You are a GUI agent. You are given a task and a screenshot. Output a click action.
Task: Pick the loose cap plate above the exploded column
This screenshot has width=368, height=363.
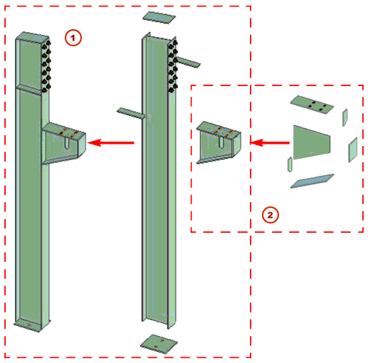click(x=158, y=17)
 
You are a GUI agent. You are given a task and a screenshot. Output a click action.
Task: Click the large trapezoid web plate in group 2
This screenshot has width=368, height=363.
click(x=312, y=140)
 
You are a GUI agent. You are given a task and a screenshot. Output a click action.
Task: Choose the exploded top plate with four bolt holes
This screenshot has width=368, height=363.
click(x=313, y=105)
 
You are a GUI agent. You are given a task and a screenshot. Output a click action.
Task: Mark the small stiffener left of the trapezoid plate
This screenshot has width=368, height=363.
click(x=290, y=165)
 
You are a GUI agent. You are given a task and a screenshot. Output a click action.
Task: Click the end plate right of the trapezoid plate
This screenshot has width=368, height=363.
click(x=352, y=149)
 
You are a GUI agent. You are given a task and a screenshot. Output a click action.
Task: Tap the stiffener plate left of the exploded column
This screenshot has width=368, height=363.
click(x=131, y=112)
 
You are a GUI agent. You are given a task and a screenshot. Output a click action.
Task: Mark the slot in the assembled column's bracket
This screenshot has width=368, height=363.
click(x=65, y=143)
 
